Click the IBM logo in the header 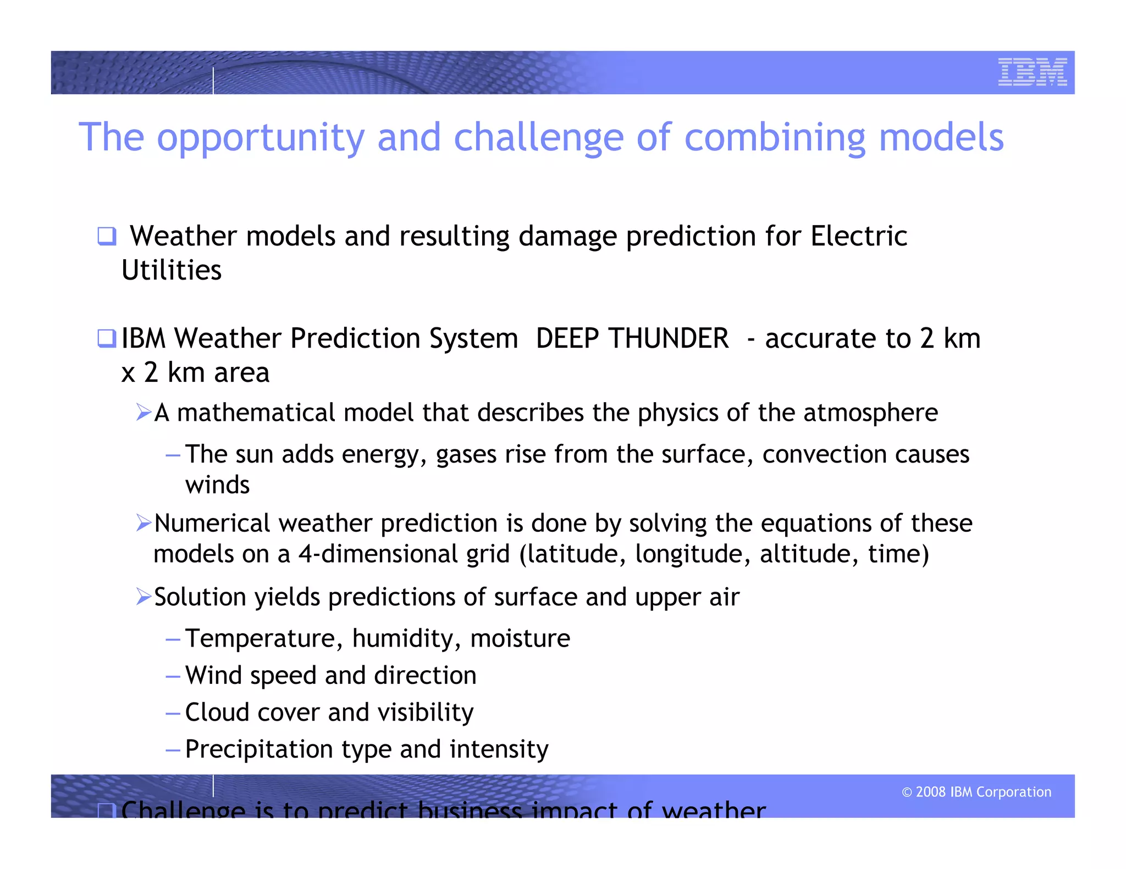1032,72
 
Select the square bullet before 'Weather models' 107,236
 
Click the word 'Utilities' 172,270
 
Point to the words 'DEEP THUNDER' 632,338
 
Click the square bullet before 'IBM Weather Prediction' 107,338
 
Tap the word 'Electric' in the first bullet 858,236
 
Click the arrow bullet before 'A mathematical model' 143,412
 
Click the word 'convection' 824,454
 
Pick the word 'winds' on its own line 217,485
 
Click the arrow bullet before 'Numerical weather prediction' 143,523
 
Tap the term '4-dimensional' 378,554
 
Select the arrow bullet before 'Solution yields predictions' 143,597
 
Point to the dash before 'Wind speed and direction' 173,676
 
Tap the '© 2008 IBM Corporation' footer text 976,792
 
